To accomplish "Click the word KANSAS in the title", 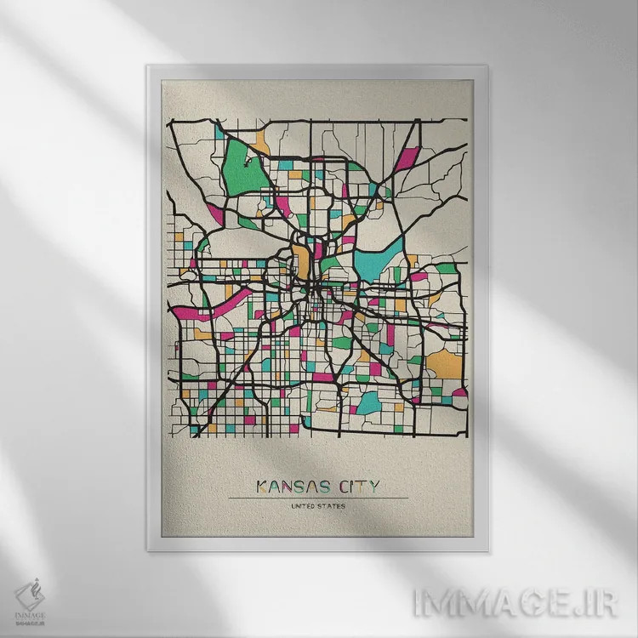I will tap(289, 487).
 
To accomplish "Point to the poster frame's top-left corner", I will tap(148, 66).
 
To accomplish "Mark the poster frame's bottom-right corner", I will tap(490, 550).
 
